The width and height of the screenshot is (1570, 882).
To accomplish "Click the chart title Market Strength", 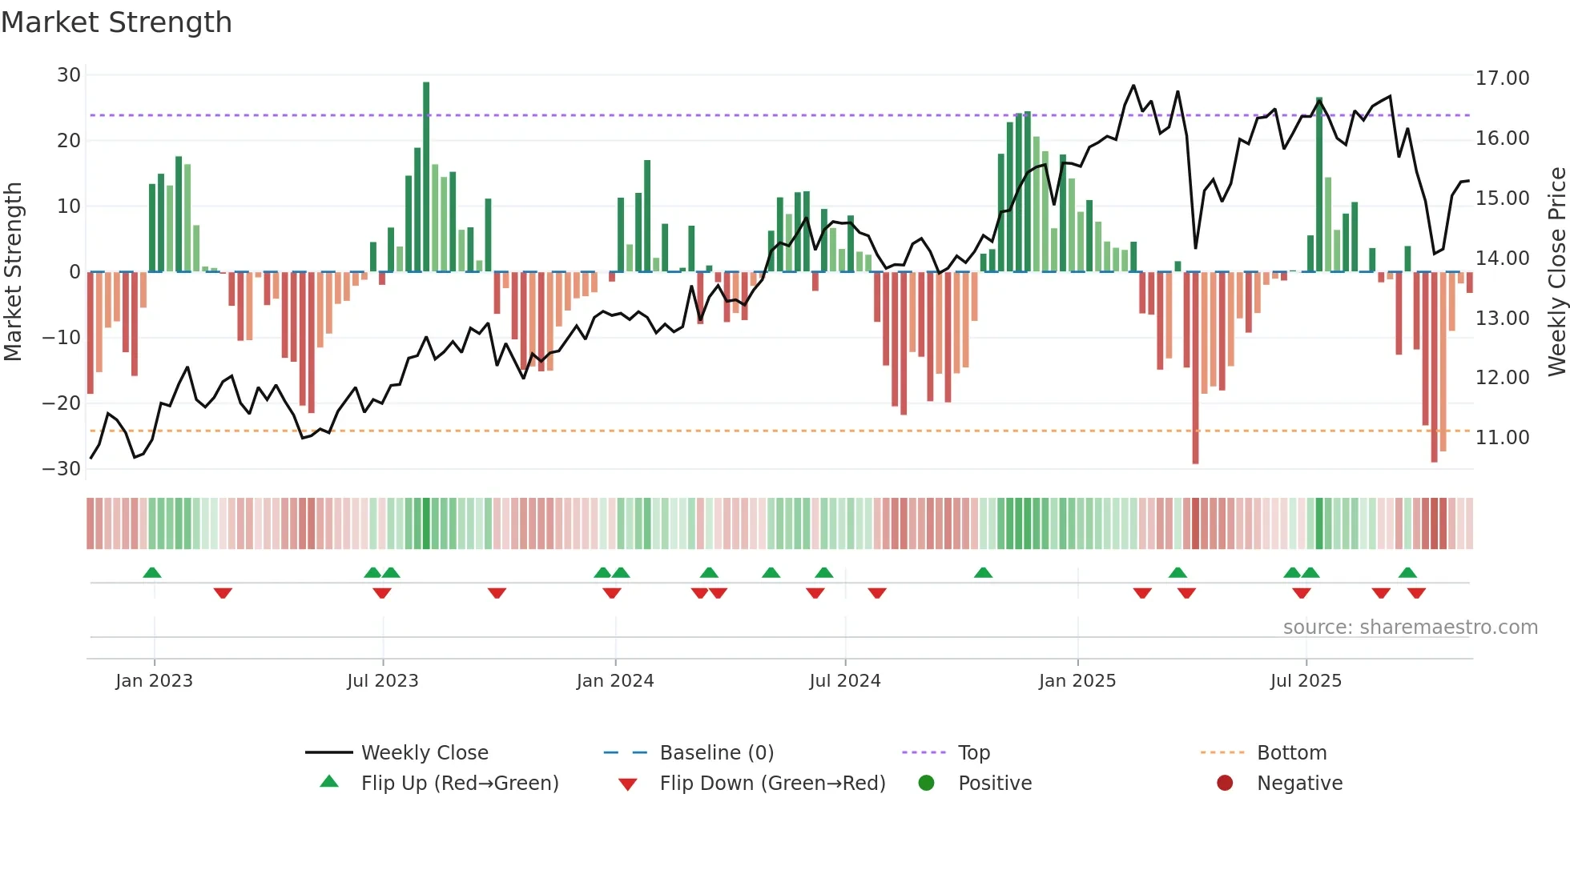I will coord(116,22).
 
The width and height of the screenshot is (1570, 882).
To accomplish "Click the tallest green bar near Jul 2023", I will coord(426,176).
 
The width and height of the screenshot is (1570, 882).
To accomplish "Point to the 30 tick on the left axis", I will coord(69,75).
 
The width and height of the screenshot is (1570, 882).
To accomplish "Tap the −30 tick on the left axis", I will coord(62,469).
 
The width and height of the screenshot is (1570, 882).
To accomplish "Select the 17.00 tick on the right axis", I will coord(1502,78).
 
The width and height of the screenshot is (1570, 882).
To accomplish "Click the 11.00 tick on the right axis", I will coord(1502,438).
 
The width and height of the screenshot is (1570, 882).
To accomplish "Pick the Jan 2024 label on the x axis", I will coord(614,681).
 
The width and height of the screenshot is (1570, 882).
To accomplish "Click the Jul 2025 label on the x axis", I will coord(1305,681).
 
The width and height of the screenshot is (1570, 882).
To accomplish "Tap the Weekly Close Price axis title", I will coord(1556,272).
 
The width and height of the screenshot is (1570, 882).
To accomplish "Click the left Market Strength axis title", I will coord(13,272).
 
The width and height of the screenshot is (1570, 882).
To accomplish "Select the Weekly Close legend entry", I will coord(424,753).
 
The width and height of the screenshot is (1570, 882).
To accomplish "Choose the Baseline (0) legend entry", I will coord(716,753).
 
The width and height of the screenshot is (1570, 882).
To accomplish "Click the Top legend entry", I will coord(973,753).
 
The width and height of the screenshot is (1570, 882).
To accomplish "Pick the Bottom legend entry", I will coord(1291,753).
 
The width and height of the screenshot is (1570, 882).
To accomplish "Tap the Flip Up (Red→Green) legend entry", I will coord(459,784).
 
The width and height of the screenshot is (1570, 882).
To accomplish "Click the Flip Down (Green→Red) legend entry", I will coord(772,784).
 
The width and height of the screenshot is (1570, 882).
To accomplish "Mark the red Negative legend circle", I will coord(1224,784).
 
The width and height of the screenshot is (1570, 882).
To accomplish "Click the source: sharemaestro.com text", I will coord(1410,627).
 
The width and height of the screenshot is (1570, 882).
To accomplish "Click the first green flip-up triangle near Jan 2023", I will coord(152,572).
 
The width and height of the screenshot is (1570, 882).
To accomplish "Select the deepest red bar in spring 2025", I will coord(1195,368).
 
